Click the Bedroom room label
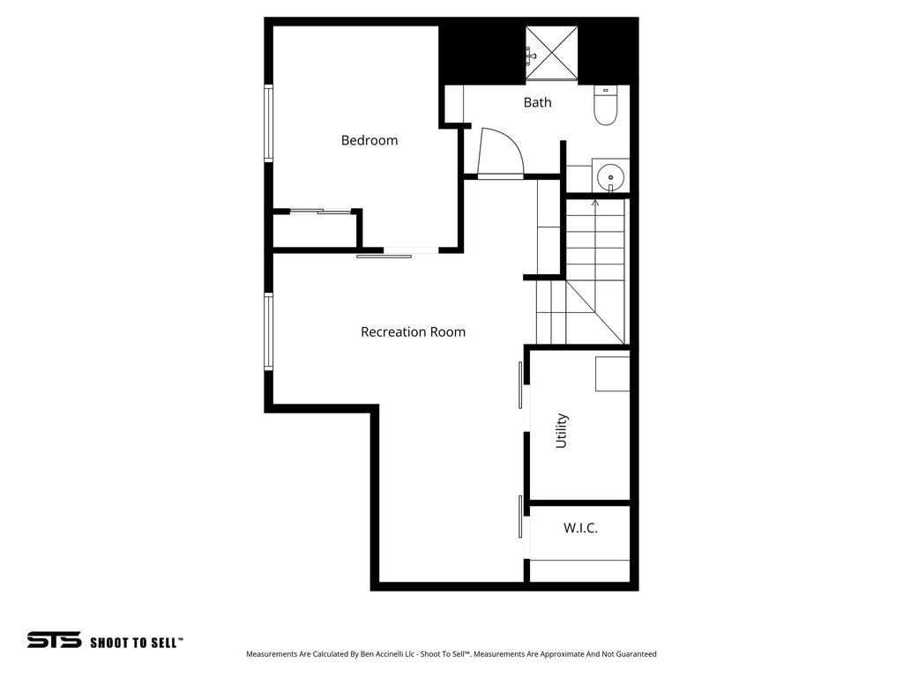(369, 140)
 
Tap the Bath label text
(537, 102)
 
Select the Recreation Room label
(413, 332)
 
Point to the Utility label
(562, 431)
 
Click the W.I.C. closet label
(580, 528)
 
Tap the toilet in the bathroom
(605, 107)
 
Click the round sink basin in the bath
(610, 176)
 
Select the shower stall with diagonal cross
(552, 53)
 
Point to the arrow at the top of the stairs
(594, 205)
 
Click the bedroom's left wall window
(268, 123)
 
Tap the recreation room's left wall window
(268, 331)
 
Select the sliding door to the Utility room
(521, 384)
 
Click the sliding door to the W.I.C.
(521, 517)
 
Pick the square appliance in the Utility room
(612, 374)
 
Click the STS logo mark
(54, 641)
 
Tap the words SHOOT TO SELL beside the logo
(136, 643)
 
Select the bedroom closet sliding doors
(320, 211)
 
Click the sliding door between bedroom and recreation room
(384, 256)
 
